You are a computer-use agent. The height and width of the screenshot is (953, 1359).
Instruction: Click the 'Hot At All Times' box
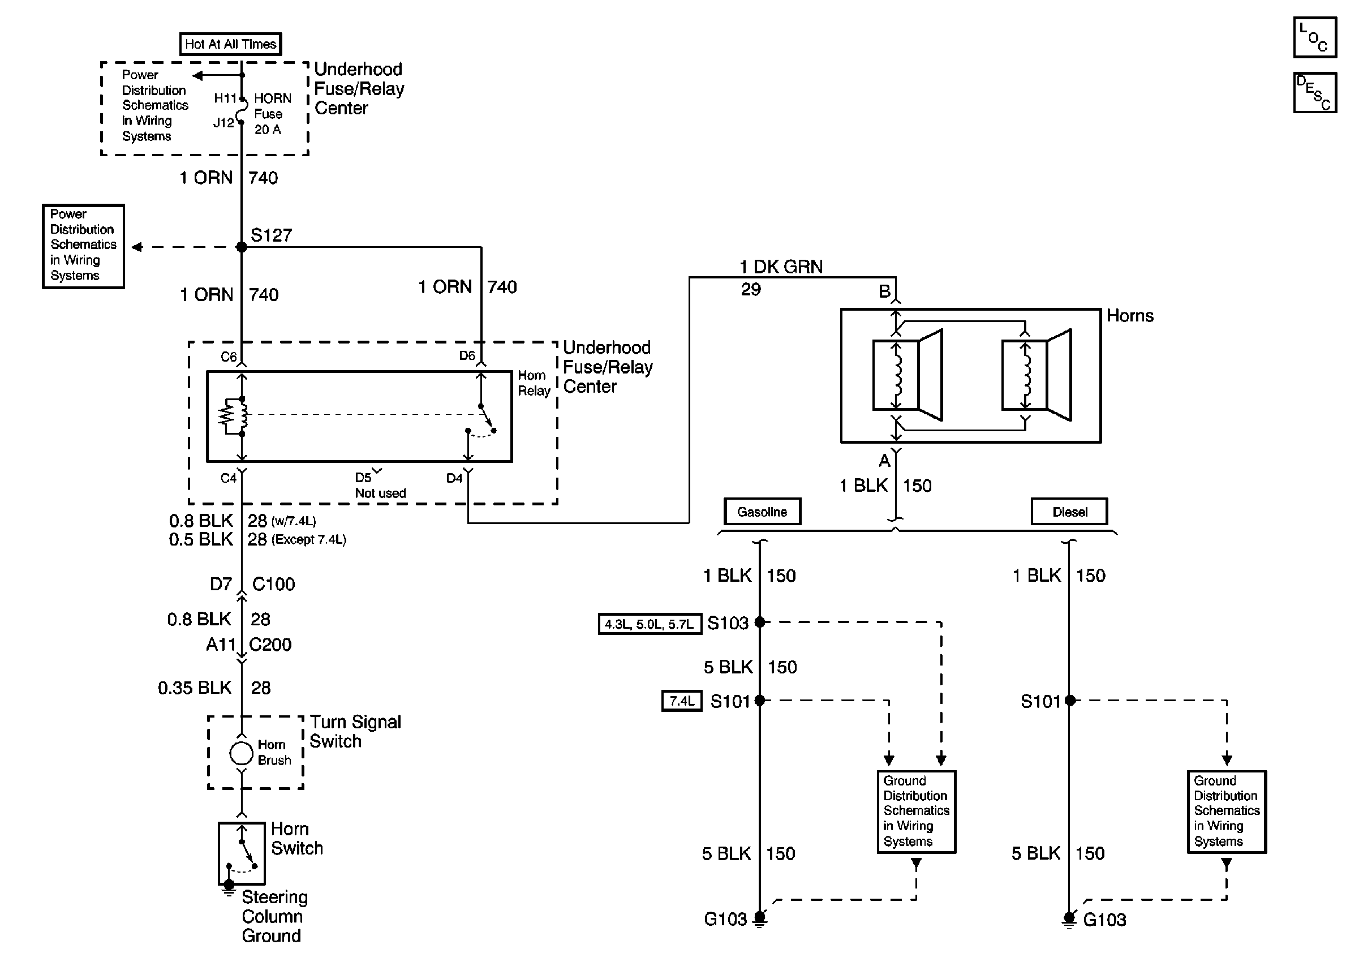[230, 44]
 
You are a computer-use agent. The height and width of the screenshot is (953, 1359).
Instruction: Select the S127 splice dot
[242, 247]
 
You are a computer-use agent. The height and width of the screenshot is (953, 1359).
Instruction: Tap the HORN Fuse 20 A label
[272, 114]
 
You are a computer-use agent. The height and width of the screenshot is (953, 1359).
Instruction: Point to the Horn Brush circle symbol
[241, 753]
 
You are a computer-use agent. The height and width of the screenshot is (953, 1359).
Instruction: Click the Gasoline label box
[762, 512]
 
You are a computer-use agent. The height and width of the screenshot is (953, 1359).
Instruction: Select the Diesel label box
[1069, 512]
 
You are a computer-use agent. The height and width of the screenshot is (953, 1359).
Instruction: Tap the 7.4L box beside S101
[681, 701]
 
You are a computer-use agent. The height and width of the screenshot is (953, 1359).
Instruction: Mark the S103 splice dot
[759, 622]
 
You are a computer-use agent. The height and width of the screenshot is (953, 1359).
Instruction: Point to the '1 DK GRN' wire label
[781, 267]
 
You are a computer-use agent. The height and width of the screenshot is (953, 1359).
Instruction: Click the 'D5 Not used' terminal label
[379, 486]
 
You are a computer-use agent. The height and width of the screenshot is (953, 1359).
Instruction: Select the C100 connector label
[273, 584]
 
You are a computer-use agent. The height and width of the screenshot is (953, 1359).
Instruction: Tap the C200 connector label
[270, 645]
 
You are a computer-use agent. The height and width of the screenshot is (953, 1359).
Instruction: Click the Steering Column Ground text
[273, 916]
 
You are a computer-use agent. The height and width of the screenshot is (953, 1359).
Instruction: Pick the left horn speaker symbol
[908, 375]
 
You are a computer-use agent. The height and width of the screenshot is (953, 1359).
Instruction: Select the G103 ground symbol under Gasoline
[760, 918]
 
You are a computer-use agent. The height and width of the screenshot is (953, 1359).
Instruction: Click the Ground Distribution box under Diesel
[1226, 811]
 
